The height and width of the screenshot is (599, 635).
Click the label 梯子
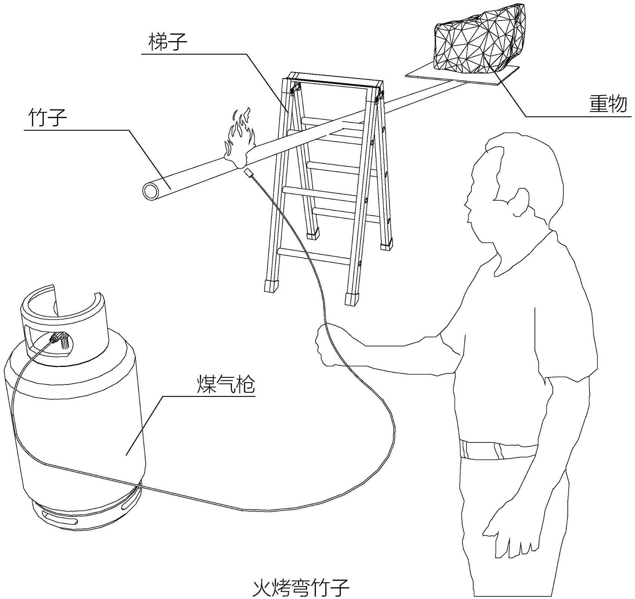coord(167,42)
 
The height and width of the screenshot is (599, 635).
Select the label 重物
coord(608,104)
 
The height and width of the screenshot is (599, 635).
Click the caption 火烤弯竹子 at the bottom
coord(301,588)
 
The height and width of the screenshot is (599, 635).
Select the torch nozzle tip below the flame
coord(248,173)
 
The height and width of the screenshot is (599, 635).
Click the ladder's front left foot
coord(271,286)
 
